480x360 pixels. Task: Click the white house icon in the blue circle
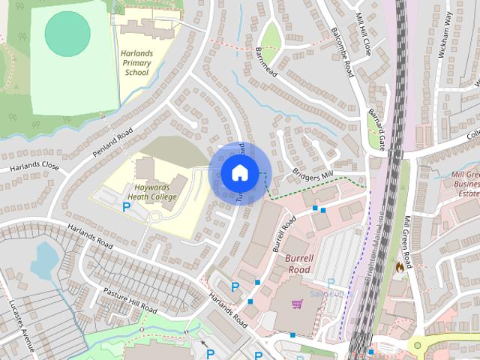coord(239,172)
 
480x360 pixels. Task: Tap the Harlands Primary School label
coord(137,65)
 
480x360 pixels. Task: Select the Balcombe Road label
coord(342,52)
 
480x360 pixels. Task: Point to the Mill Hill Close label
coord(364,19)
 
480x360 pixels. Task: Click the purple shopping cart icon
coord(297,304)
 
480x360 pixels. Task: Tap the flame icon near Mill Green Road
coord(400,265)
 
